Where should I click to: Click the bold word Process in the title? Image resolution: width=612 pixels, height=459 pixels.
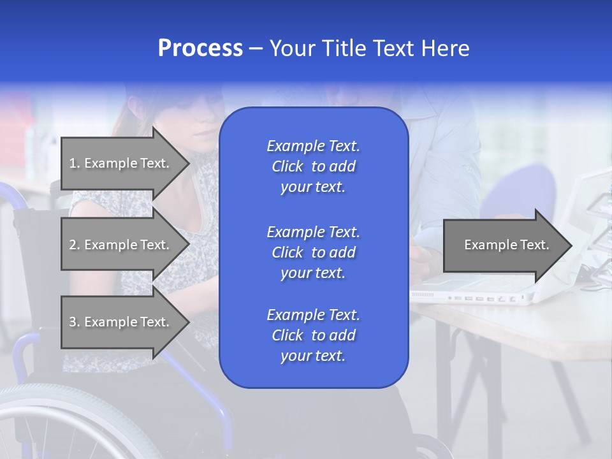click(x=200, y=48)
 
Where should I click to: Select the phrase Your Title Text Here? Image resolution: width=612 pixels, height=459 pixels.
click(x=370, y=48)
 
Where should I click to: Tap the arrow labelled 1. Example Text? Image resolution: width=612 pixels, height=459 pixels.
click(x=121, y=163)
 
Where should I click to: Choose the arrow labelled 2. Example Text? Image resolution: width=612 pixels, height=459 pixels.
click(x=121, y=245)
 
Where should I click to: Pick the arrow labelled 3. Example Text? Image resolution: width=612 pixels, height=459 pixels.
click(x=121, y=322)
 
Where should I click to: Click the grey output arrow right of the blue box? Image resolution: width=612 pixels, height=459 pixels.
click(x=504, y=245)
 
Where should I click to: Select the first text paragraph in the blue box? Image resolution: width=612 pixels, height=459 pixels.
click(x=313, y=166)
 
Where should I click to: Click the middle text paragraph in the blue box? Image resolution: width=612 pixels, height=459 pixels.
click(x=313, y=252)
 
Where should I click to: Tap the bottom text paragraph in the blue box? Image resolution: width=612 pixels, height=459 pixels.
click(x=313, y=335)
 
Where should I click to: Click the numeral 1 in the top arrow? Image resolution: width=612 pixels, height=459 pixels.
click(x=72, y=163)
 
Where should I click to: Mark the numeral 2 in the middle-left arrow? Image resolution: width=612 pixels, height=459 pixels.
click(x=73, y=245)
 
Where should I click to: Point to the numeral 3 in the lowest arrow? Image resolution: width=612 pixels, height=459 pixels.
click(x=73, y=322)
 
